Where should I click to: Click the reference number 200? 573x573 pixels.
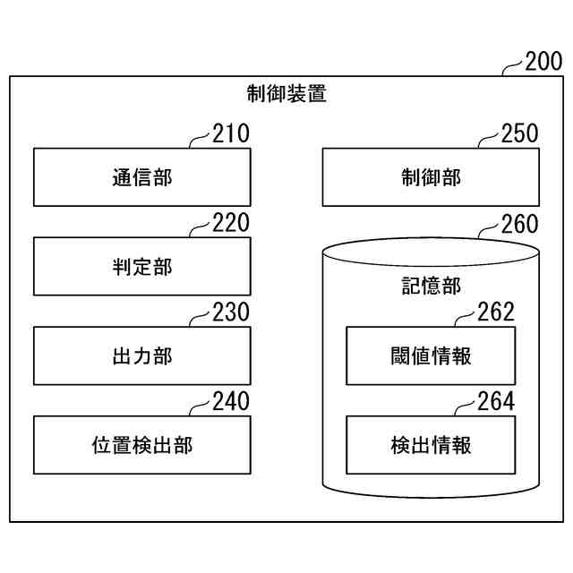tap(543, 62)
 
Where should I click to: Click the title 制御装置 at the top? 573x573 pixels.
tap(286, 93)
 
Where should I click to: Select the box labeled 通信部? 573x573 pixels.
tap(141, 176)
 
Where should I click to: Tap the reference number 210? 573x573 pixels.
tap(231, 134)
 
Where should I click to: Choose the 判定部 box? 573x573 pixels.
tap(141, 266)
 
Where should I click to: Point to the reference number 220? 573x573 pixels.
tap(231, 224)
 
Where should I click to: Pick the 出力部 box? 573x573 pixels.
tap(141, 355)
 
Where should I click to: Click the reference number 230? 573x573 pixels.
tap(231, 313)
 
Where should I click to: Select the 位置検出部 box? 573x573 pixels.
tap(141, 445)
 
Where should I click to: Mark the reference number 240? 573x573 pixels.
tap(231, 402)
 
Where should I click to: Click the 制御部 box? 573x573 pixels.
tap(431, 176)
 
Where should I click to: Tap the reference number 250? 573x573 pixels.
tap(520, 134)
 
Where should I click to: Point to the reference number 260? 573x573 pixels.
tap(520, 224)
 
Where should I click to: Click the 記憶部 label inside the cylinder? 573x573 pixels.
tap(431, 286)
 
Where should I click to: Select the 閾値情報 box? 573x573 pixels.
tap(431, 355)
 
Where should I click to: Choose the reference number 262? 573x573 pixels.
tap(496, 312)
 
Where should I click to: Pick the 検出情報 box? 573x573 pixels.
tap(431, 445)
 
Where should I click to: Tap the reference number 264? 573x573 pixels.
tap(496, 402)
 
